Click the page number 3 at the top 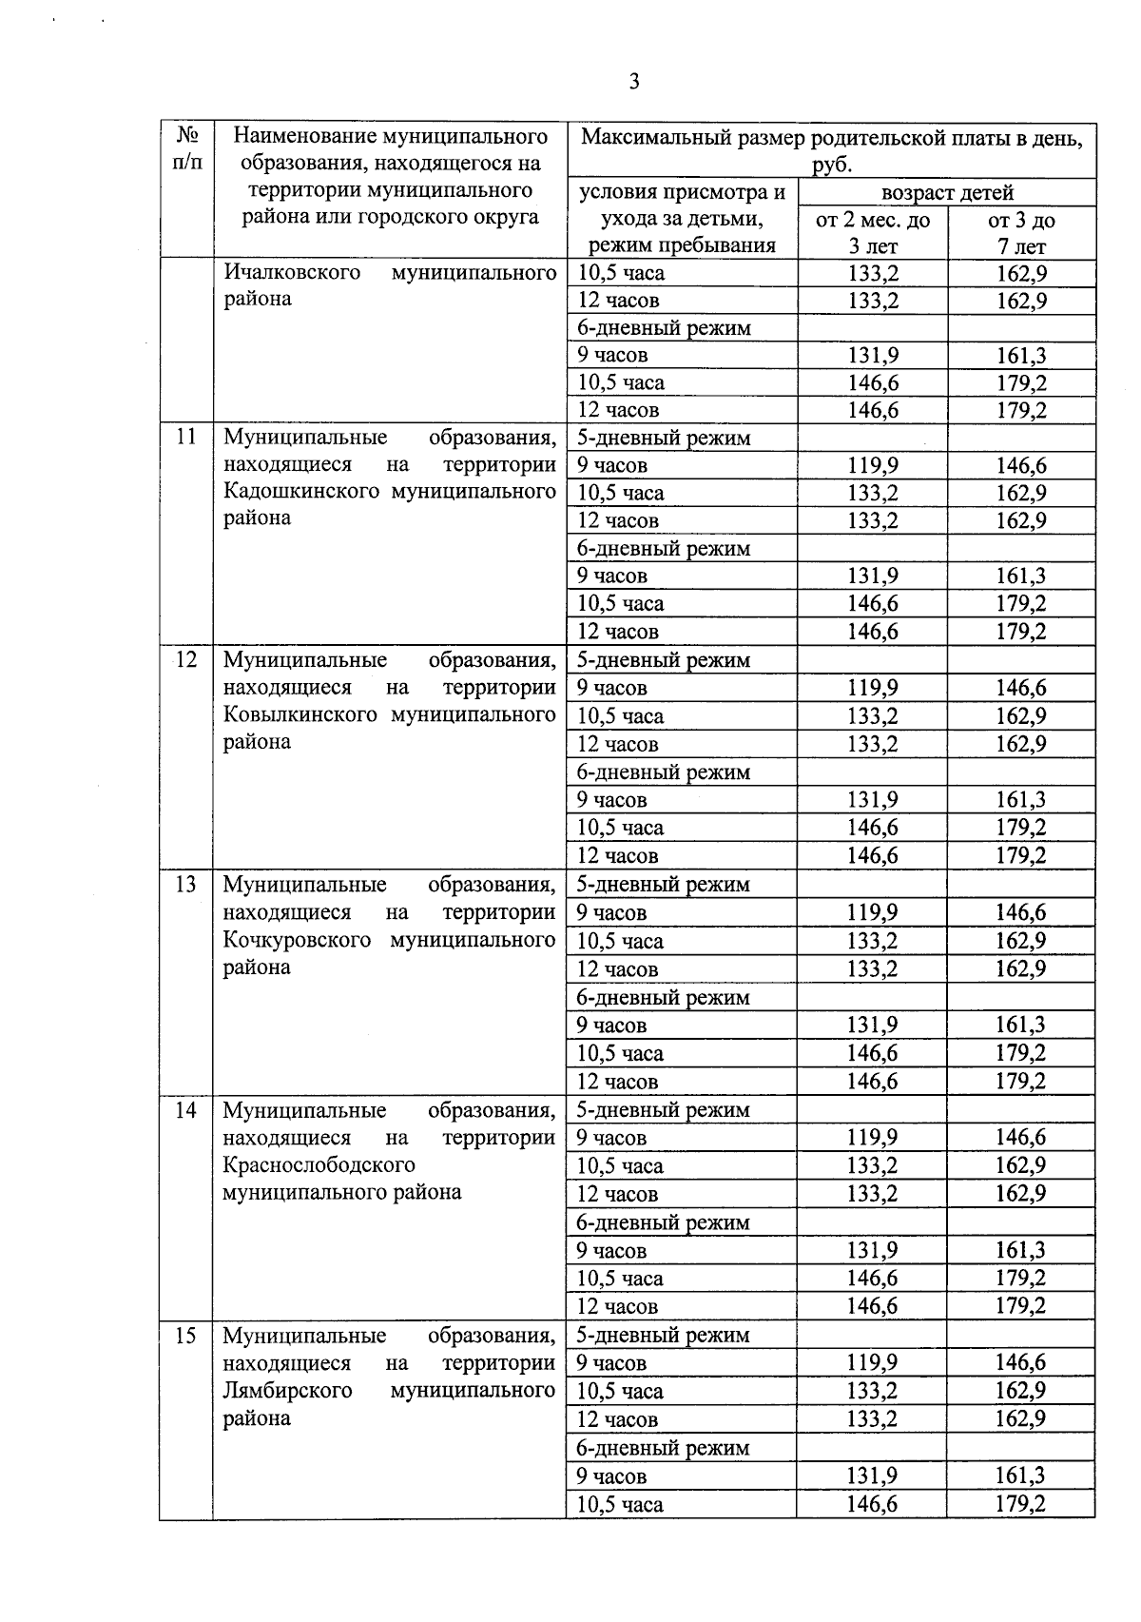[634, 82]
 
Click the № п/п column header [187, 148]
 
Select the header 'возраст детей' [947, 193]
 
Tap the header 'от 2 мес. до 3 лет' [873, 233]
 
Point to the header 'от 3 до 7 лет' [1021, 233]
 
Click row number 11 [186, 437]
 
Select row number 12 [186, 659]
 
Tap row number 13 [186, 884]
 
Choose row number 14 [186, 1109]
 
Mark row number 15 [186, 1335]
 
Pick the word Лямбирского [287, 1390]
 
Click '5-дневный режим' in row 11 [664, 438]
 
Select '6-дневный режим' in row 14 [664, 1222]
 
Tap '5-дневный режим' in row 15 [664, 1335]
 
